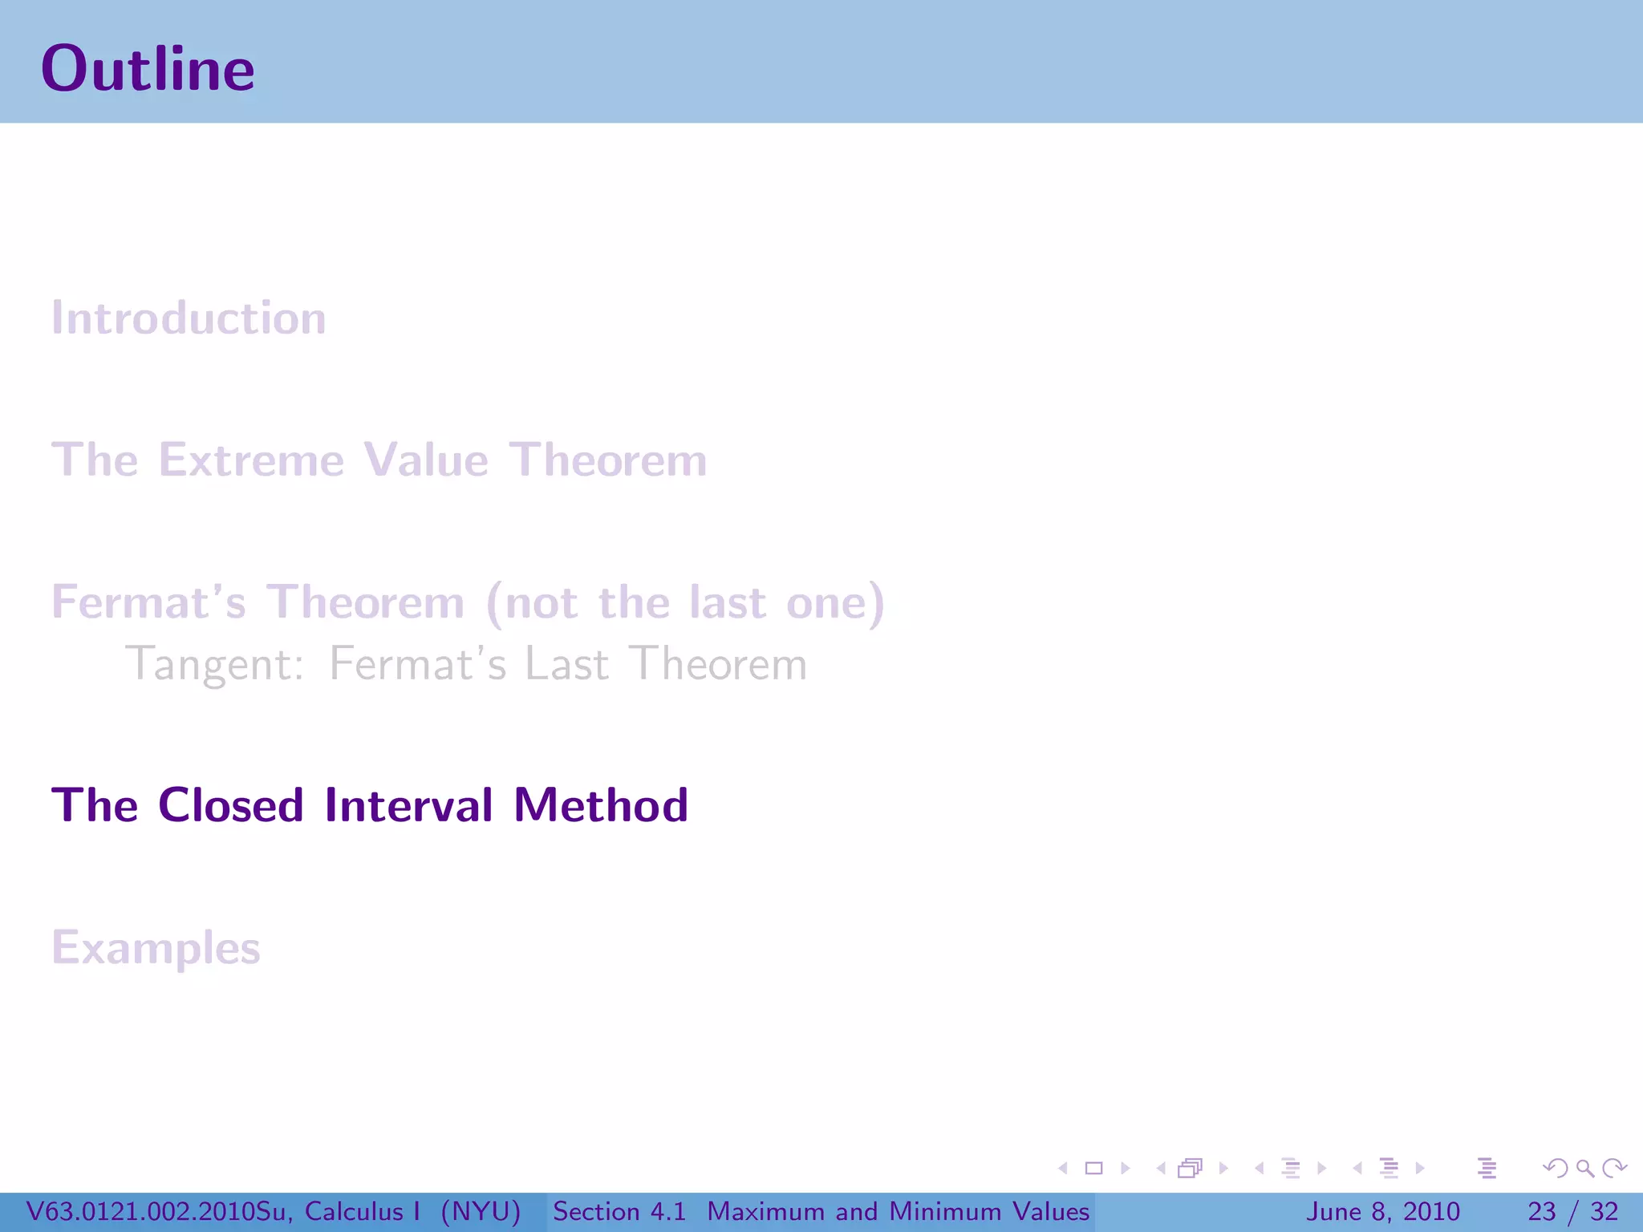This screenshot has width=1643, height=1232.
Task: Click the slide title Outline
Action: (x=148, y=69)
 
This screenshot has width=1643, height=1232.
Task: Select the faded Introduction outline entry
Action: (x=189, y=318)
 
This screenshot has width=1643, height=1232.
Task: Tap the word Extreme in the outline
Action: (x=251, y=460)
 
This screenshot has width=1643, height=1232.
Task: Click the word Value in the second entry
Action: (x=425, y=460)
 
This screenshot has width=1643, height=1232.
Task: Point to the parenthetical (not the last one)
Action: (x=686, y=602)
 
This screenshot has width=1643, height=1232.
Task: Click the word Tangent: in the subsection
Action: (x=215, y=665)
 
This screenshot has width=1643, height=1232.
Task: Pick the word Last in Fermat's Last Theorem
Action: (x=566, y=665)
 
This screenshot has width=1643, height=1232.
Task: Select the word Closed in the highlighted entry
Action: (x=230, y=805)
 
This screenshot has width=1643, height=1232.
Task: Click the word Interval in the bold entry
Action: (x=408, y=805)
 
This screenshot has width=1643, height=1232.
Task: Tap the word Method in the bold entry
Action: (x=600, y=805)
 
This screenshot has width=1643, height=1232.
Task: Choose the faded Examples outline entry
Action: (x=156, y=948)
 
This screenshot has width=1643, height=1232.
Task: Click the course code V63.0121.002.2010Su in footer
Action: (x=158, y=1211)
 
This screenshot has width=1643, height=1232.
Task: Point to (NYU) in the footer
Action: (x=481, y=1211)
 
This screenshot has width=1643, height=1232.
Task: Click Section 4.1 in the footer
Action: (x=619, y=1211)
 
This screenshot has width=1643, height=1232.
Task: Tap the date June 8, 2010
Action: (x=1383, y=1211)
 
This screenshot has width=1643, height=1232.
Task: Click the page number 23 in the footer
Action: (x=1541, y=1211)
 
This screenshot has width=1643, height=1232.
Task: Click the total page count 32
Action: (x=1604, y=1211)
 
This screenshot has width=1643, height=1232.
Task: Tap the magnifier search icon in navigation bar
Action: (x=1584, y=1169)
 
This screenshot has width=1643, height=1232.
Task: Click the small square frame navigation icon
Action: (x=1093, y=1169)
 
